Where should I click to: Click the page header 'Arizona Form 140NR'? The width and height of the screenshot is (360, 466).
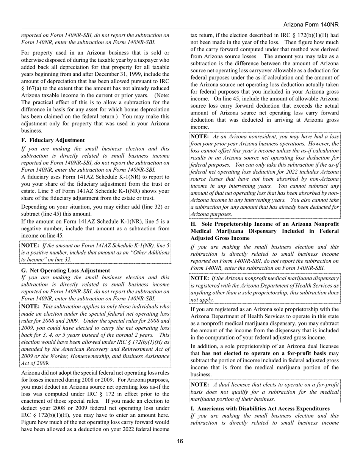(x=311, y=25)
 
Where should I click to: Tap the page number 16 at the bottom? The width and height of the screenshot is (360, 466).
(x=180, y=441)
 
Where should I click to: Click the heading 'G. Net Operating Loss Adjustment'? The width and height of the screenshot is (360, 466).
(x=65, y=271)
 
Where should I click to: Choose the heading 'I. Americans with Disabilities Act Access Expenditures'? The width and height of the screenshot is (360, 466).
(x=260, y=408)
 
